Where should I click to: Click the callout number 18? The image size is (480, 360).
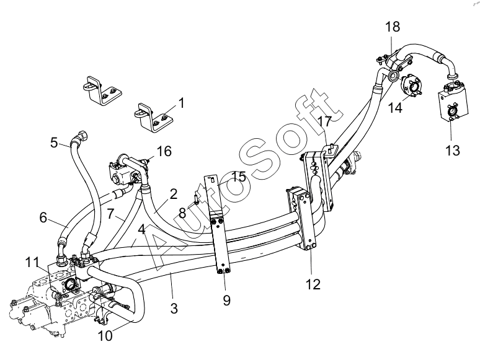point(393,27)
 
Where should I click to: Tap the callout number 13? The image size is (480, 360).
point(453,151)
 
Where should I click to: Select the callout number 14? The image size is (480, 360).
point(395,108)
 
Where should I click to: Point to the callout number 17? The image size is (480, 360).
point(324,121)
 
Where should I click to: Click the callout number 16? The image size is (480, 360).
point(164,151)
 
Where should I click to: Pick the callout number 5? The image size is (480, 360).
point(54,143)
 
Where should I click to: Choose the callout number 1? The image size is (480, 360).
point(182,103)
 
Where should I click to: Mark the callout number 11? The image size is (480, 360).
point(32,262)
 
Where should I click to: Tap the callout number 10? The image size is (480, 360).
point(105,336)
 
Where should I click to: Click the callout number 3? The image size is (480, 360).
point(174,309)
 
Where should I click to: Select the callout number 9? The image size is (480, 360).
point(226,301)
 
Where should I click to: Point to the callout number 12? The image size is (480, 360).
point(313,284)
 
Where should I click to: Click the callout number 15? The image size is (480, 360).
point(239,177)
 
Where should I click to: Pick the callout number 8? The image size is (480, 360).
point(182,213)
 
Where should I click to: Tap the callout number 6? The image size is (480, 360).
point(43,217)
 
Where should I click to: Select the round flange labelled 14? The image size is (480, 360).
point(411,86)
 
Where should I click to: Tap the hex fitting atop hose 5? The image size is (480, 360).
point(82,136)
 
